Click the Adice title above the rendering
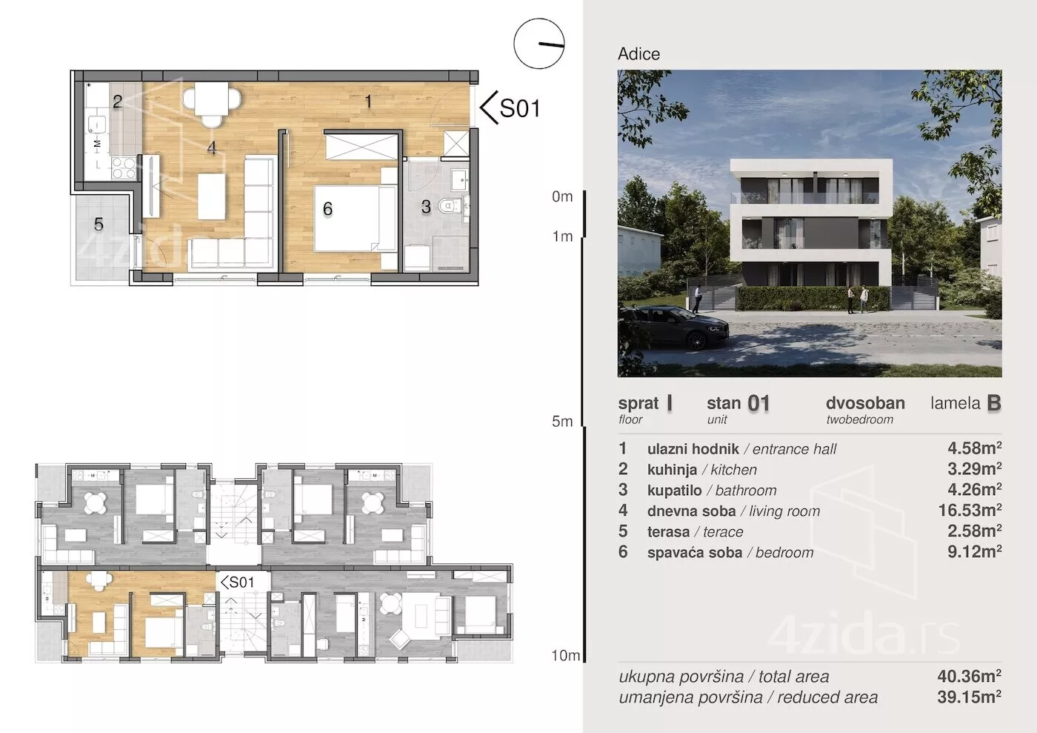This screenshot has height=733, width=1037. [x=638, y=54]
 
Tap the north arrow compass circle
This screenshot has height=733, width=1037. [x=539, y=19]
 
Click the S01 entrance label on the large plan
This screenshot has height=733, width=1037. [x=520, y=108]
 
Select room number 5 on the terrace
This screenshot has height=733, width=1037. [x=99, y=225]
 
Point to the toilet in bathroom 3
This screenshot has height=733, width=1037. [x=449, y=206]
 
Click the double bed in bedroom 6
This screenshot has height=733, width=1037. [x=355, y=218]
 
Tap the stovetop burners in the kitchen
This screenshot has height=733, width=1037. [x=124, y=168]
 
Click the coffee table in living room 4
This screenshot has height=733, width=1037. [x=212, y=196]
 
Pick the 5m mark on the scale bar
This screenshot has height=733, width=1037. [x=562, y=421]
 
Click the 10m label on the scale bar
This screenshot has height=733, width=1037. [x=565, y=655]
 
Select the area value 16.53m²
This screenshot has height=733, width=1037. [x=970, y=510]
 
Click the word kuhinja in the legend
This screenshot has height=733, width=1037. [x=672, y=469]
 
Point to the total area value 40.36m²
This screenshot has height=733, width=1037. [x=969, y=676]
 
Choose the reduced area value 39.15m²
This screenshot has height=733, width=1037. [x=969, y=697]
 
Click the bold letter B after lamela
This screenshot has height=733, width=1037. [x=994, y=403]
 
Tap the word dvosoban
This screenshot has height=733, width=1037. [x=865, y=403]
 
